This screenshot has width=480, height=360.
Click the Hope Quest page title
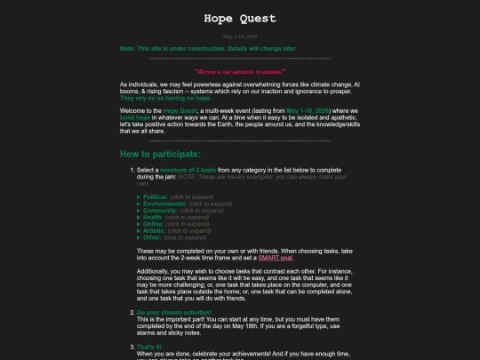[x=239, y=18]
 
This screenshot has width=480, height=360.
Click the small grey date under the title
[x=239, y=37]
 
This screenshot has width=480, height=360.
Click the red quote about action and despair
[x=239, y=71]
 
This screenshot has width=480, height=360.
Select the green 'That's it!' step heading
[x=150, y=345]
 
